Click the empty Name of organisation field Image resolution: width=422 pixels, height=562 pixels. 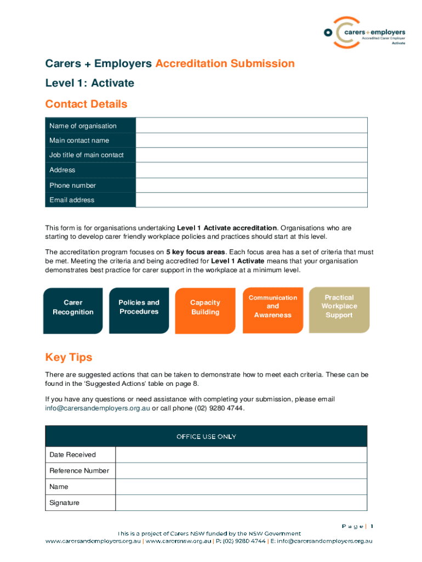pos(251,126)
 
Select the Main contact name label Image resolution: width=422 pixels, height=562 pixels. pos(79,140)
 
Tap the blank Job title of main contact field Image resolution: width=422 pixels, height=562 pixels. pos(251,155)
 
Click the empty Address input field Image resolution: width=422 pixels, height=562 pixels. pos(251,170)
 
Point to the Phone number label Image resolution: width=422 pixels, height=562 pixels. pos(72,186)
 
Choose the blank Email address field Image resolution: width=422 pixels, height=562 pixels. pos(251,200)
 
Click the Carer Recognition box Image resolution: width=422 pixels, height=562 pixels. pos(73,310)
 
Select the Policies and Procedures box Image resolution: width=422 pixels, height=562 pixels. pos(139,310)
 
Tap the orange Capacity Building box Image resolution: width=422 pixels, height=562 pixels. pos(205,310)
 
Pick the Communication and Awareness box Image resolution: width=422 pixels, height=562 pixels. pos(272,310)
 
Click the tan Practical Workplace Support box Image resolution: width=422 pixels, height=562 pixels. pos(339,310)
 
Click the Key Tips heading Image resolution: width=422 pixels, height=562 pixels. pos(69,358)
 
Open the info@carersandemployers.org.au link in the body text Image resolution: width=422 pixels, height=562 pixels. pos(97,408)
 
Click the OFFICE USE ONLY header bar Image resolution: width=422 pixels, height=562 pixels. pos(206,436)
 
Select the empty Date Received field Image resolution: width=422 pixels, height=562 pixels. pos(241,454)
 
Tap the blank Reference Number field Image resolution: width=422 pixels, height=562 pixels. pos(241,470)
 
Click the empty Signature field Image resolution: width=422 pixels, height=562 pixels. pos(241,503)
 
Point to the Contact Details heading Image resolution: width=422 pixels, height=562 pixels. pos(86,104)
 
